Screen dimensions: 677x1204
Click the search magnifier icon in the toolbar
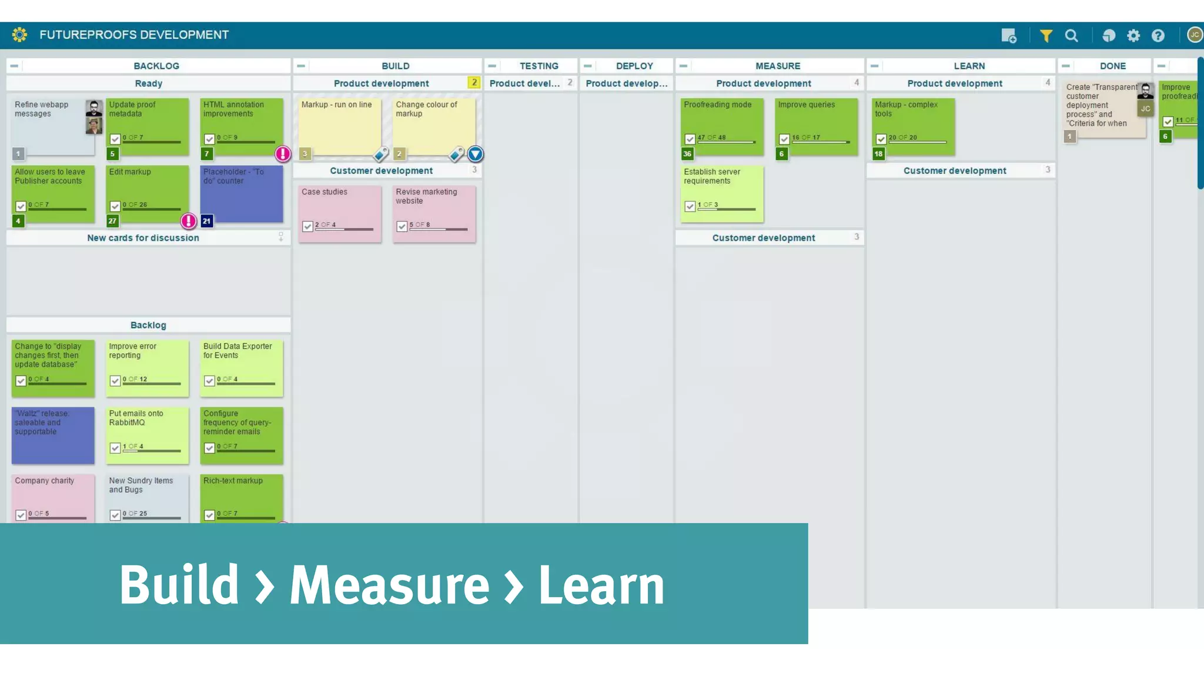click(x=1071, y=36)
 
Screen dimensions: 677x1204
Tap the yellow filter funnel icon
click(x=1046, y=36)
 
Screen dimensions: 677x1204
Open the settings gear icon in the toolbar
click(x=1133, y=36)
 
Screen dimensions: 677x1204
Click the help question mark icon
click(x=1158, y=36)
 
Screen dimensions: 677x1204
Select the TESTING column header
click(x=539, y=66)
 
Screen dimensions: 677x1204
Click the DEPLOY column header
click(x=634, y=66)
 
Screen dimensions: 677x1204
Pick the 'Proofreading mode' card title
click(x=717, y=105)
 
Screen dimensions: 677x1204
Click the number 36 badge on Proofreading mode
click(x=687, y=154)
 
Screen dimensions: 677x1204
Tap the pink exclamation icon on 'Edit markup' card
click(x=188, y=221)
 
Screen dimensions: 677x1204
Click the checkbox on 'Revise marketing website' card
click(x=402, y=226)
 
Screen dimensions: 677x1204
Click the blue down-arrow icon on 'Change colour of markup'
click(x=475, y=154)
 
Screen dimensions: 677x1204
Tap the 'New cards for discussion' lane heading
click(x=143, y=238)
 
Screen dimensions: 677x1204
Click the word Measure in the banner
click(x=389, y=585)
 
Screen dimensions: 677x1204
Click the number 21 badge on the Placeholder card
click(x=206, y=221)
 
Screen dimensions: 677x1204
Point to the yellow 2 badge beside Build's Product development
click(x=474, y=83)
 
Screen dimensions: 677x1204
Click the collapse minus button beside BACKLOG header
click(x=14, y=66)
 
